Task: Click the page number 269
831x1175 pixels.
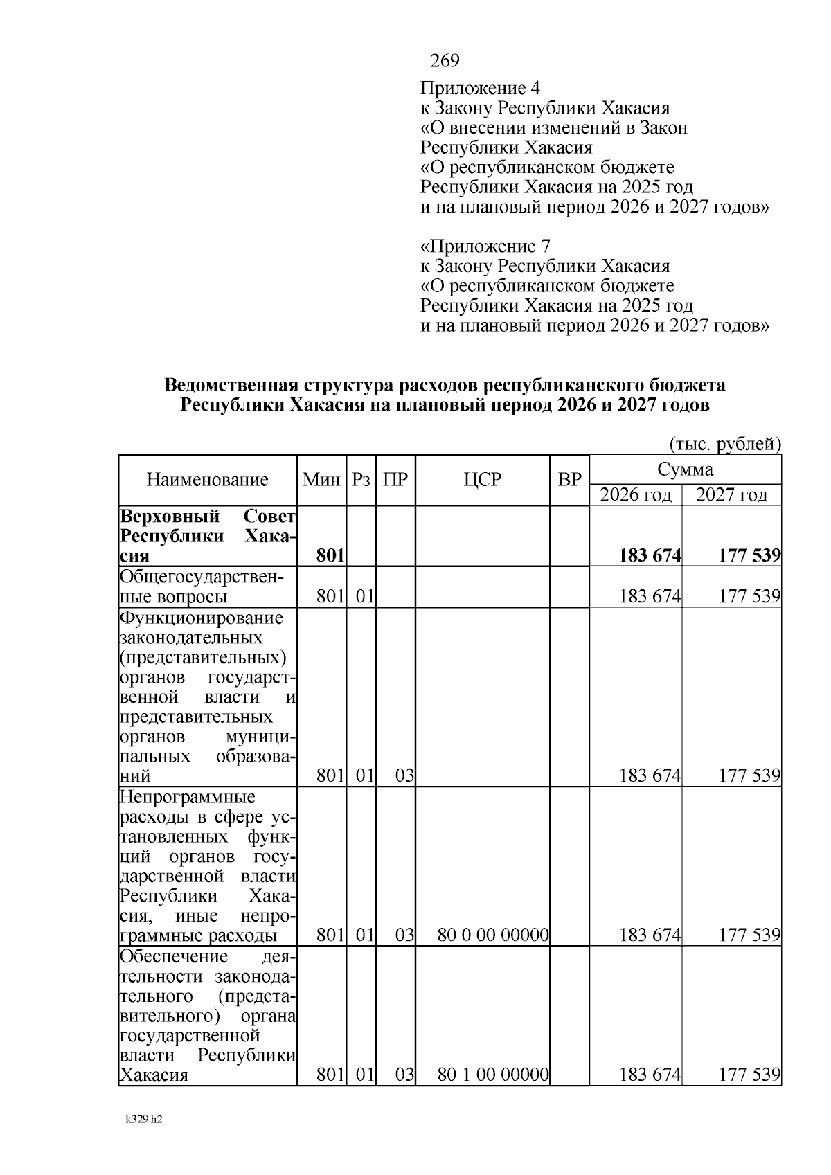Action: pos(445,62)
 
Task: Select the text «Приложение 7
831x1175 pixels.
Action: pos(485,246)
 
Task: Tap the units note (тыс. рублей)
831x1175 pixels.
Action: pos(724,444)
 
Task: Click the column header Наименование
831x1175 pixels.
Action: pos(208,480)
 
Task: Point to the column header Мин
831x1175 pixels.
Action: pos(321,480)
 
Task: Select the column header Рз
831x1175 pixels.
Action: pos(361,480)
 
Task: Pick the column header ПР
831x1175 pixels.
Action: pos(395,480)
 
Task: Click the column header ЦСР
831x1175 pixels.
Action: pos(483,480)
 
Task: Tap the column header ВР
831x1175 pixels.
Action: pos(569,480)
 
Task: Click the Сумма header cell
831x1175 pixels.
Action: pos(685,469)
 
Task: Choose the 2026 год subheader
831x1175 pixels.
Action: pos(635,495)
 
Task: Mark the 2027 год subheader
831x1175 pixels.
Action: pos(731,495)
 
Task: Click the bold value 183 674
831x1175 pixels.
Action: pos(650,555)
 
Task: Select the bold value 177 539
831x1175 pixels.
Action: pos(749,555)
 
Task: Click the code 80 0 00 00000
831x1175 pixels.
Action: pos(493,935)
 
